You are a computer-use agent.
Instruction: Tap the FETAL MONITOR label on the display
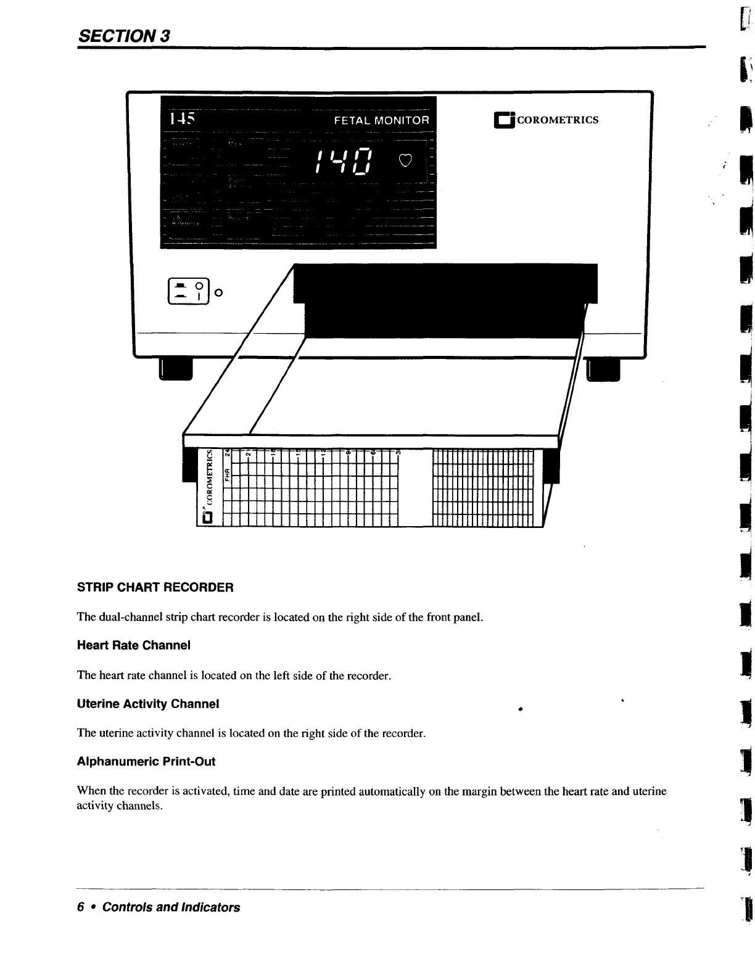[381, 120]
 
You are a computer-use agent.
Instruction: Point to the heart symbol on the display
[405, 161]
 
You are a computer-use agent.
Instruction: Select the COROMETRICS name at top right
[557, 120]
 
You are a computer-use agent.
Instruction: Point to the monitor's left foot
[176, 369]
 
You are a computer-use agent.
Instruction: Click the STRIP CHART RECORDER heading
[155, 587]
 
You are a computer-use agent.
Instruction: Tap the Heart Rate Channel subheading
[133, 645]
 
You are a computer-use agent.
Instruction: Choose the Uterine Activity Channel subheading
[148, 704]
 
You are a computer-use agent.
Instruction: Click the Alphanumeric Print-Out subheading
[146, 762]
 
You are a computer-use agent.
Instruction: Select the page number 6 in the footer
[80, 907]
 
